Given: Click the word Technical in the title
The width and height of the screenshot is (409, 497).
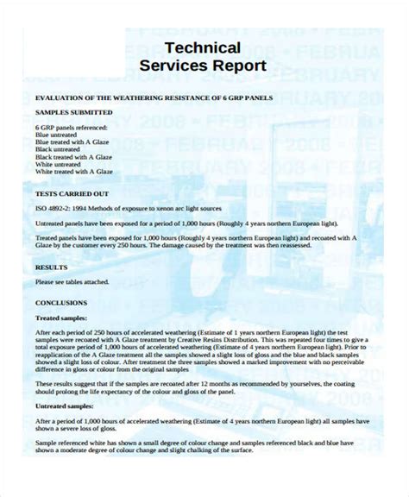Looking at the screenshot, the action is click(203, 47).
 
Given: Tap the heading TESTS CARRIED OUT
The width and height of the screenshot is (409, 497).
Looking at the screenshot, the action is click(72, 194).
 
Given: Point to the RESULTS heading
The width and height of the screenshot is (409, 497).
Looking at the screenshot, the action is click(51, 267).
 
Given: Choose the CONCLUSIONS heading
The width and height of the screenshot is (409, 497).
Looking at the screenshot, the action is click(61, 303).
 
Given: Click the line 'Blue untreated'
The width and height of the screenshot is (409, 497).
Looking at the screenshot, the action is click(56, 134).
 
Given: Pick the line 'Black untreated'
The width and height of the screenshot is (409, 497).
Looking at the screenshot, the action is click(58, 148).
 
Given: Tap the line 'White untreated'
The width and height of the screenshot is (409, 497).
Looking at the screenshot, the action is click(58, 164).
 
